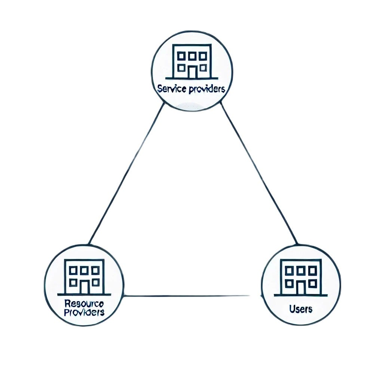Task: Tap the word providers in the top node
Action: coord(207,89)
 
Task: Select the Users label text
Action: coord(301,309)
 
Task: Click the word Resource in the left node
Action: coord(84,304)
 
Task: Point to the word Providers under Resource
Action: coord(84,312)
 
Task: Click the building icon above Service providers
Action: coord(192,62)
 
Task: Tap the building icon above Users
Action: coord(300,278)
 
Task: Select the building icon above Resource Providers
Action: coord(84,277)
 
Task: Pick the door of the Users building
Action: coord(301,288)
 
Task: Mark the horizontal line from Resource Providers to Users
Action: coord(187,296)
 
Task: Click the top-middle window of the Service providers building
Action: coord(192,56)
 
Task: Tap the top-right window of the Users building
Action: coord(312,271)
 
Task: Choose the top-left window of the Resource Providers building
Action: coord(73,270)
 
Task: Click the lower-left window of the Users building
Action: coord(289,284)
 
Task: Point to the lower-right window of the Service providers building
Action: coord(203,68)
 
